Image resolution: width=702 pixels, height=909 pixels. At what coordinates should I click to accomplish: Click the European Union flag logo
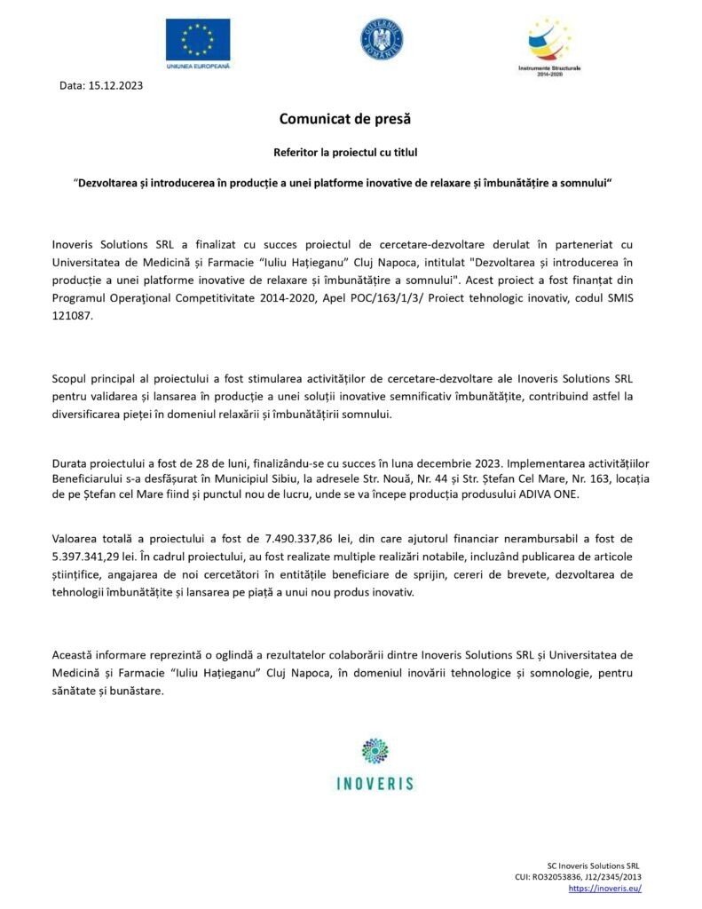pos(197,40)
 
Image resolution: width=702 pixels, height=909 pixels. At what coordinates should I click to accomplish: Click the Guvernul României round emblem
pos(382,40)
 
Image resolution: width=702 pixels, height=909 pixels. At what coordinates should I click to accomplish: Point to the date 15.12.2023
pos(116,86)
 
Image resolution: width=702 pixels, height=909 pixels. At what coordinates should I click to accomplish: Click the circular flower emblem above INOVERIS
pos(375,752)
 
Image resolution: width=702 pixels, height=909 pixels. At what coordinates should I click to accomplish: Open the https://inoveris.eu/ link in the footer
pos(603,888)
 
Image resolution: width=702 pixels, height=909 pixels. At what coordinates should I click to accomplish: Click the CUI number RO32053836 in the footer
pos(563,876)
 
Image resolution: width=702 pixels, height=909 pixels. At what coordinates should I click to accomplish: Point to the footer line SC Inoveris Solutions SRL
pos(593,865)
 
